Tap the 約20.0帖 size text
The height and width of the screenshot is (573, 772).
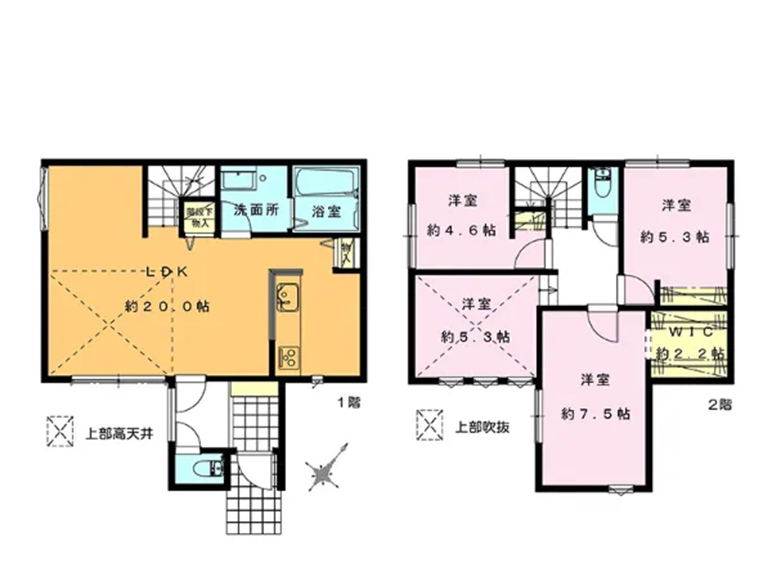point(167,307)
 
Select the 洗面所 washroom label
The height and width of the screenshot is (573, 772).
point(256,210)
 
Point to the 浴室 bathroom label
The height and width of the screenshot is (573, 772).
point(326,212)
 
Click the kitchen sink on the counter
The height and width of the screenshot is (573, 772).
point(287,297)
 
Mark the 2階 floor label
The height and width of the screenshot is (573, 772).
point(720,405)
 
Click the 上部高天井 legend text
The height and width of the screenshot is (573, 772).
point(119,434)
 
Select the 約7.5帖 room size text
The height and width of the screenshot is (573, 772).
point(595,414)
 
